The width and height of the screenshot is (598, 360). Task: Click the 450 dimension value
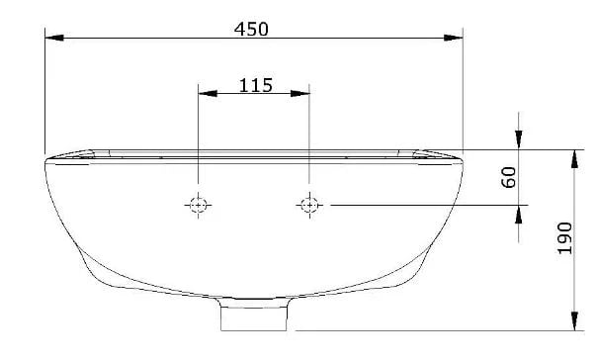pyautogui.click(x=251, y=29)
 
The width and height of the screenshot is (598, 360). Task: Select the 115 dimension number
pyautogui.click(x=256, y=85)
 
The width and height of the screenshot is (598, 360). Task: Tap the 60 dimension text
pyautogui.click(x=509, y=177)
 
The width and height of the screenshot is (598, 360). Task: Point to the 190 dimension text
pyautogui.click(x=565, y=238)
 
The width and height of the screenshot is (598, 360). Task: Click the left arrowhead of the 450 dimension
pyautogui.click(x=54, y=38)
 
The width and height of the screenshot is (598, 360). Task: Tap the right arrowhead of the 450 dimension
pyautogui.click(x=454, y=38)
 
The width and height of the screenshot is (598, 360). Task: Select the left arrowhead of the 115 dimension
pyautogui.click(x=208, y=94)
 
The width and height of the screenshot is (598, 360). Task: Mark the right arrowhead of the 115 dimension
pyautogui.click(x=299, y=94)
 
